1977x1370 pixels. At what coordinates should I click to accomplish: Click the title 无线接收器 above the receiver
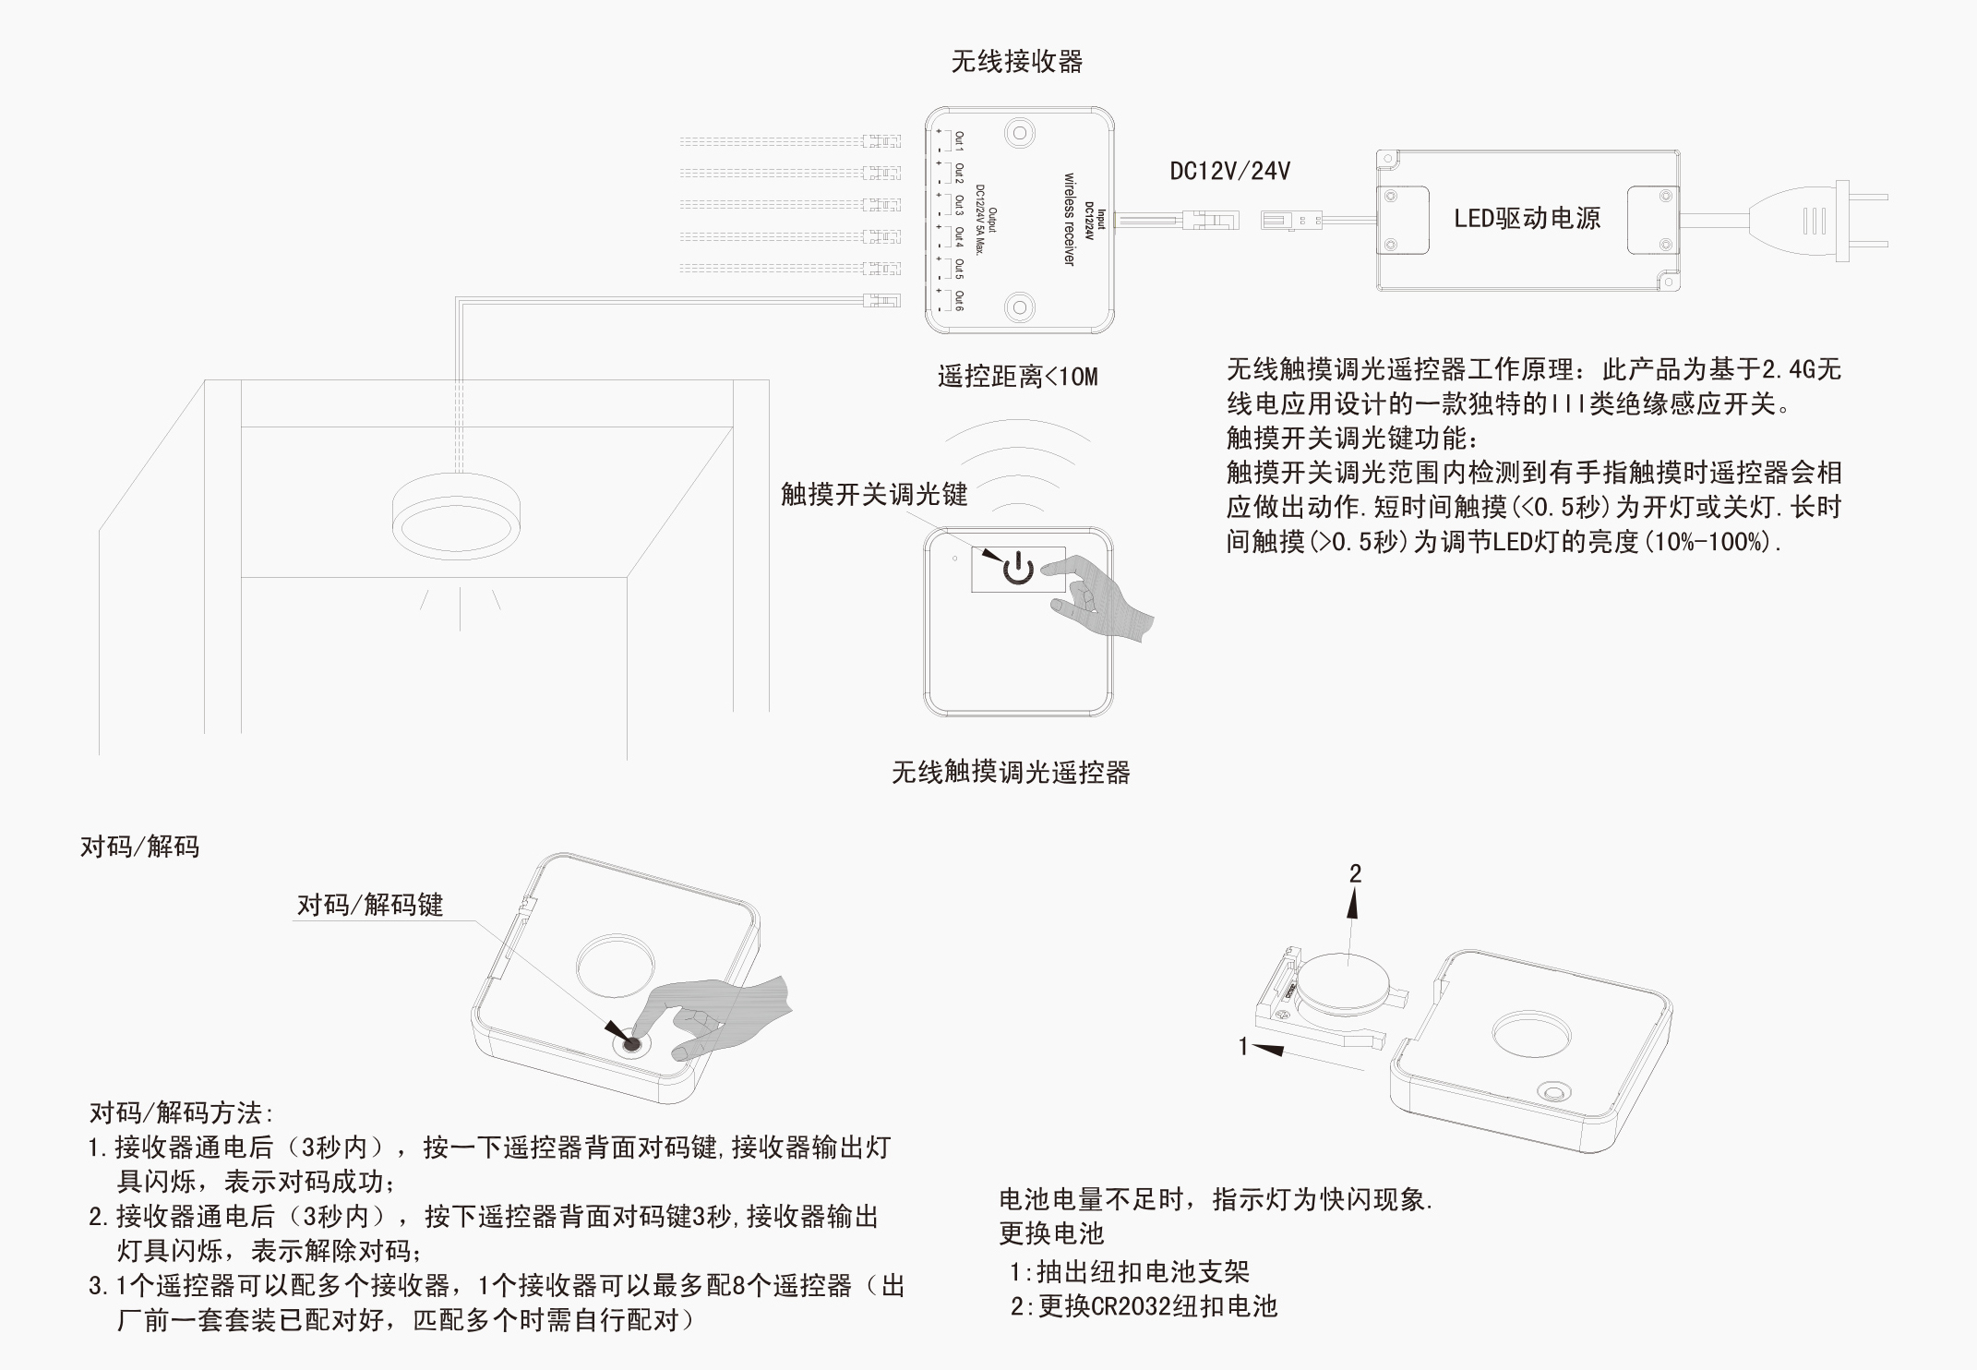point(1016,62)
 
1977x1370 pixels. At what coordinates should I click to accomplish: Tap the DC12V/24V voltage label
point(1229,171)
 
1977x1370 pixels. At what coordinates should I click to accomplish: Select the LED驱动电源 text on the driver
point(1527,219)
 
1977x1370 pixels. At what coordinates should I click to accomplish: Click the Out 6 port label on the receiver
point(959,300)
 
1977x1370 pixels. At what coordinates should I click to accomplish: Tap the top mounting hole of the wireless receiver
point(1019,133)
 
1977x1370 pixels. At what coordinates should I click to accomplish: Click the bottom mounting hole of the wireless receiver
point(1019,307)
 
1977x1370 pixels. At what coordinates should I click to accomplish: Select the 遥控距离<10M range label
point(1017,377)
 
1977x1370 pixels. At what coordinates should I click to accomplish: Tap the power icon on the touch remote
point(1018,569)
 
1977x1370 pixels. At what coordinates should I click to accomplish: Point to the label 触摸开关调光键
point(873,494)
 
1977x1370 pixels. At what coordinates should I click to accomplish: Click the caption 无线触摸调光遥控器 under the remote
point(1011,772)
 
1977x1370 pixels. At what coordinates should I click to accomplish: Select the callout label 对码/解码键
point(370,905)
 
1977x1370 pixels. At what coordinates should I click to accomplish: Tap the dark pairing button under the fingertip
point(632,1045)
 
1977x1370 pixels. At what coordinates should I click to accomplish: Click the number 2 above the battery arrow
point(1355,873)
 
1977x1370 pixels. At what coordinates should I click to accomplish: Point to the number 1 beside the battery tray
point(1243,1046)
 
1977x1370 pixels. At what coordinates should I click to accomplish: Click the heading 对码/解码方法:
point(182,1113)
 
